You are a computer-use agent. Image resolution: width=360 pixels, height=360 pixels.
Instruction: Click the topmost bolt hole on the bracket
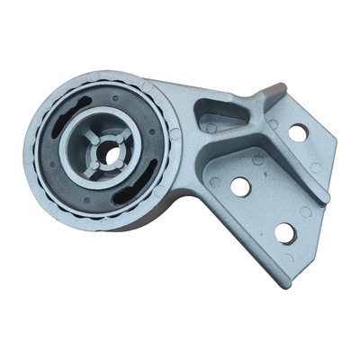297,132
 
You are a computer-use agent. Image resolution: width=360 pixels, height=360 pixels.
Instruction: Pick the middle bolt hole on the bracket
240,186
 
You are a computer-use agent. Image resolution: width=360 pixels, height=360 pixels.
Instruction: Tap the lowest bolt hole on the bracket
284,232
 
